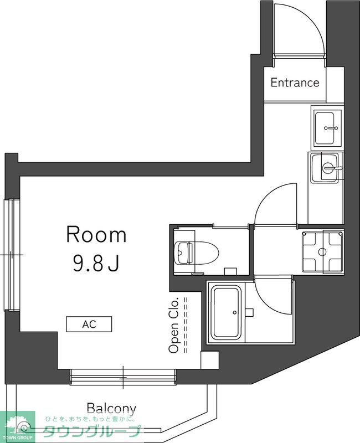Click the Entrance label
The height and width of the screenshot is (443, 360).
(295, 83)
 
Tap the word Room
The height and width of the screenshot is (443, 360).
(96, 235)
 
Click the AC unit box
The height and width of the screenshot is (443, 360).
(89, 324)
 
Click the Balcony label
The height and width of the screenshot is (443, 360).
(111, 409)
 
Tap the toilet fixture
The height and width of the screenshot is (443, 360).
(202, 253)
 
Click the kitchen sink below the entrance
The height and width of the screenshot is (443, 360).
(328, 127)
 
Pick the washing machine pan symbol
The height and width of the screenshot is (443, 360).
(322, 252)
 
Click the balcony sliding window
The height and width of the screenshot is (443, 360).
(123, 379)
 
